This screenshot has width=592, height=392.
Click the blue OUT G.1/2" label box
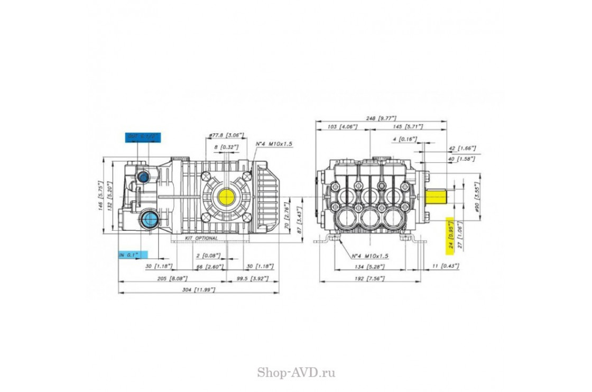coord(143,137)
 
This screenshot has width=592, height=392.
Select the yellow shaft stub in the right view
coord(438,197)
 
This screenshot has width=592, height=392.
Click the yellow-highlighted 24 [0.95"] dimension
coord(451,233)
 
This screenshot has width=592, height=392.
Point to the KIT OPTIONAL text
coord(201,239)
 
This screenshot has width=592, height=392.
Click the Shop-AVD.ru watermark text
coord(296,372)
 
